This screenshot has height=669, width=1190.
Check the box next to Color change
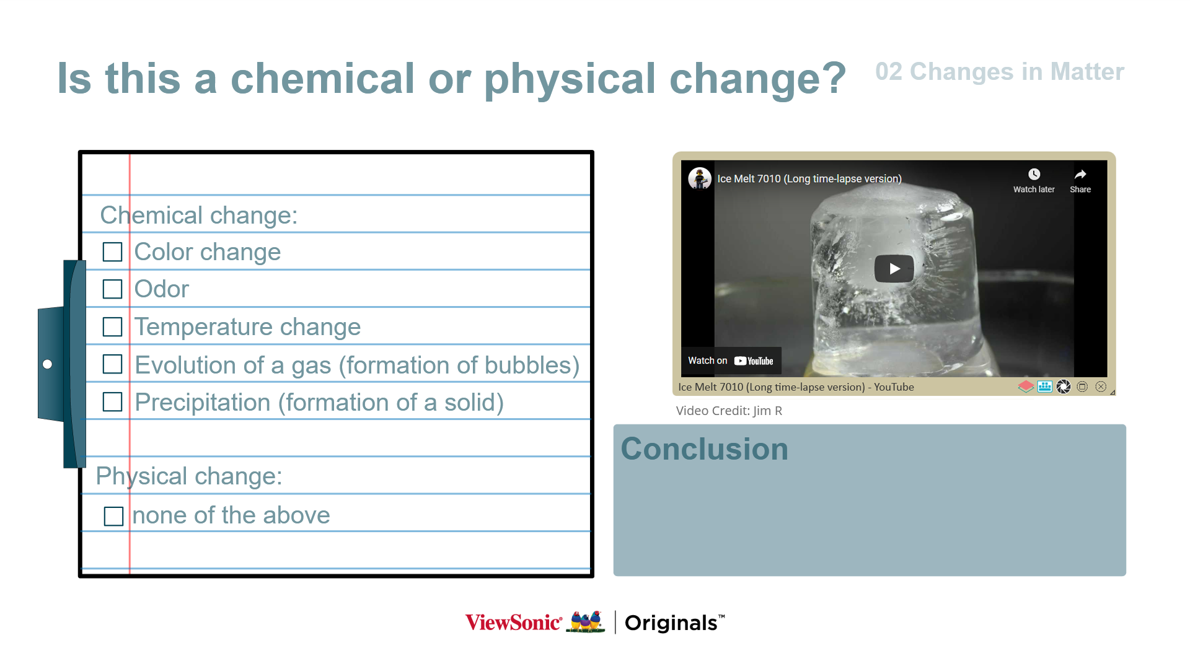pyautogui.click(x=112, y=252)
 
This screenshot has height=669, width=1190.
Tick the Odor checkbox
pyautogui.click(x=112, y=289)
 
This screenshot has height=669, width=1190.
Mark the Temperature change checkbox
pyautogui.click(x=112, y=327)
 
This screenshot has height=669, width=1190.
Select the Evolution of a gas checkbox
pyautogui.click(x=112, y=364)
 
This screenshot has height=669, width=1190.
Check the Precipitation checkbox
pyautogui.click(x=112, y=402)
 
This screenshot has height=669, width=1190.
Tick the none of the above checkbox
pyautogui.click(x=114, y=516)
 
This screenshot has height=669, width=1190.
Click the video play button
pyautogui.click(x=894, y=269)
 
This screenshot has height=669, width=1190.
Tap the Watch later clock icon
pyautogui.click(x=1034, y=174)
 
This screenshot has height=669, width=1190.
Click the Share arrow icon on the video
pyautogui.click(x=1080, y=174)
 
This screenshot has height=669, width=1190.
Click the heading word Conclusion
pyautogui.click(x=704, y=449)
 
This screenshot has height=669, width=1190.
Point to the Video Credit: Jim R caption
pyautogui.click(x=729, y=411)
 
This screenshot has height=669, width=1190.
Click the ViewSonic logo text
pyautogui.click(x=514, y=623)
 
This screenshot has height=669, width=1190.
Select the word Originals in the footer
pyautogui.click(x=671, y=623)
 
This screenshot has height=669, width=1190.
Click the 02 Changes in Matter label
pyautogui.click(x=1000, y=72)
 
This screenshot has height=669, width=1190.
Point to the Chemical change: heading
pyautogui.click(x=199, y=216)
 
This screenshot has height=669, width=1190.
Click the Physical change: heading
pyautogui.click(x=189, y=476)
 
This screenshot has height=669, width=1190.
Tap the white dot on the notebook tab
pyautogui.click(x=47, y=364)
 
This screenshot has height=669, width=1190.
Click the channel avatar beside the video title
pyautogui.click(x=700, y=178)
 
